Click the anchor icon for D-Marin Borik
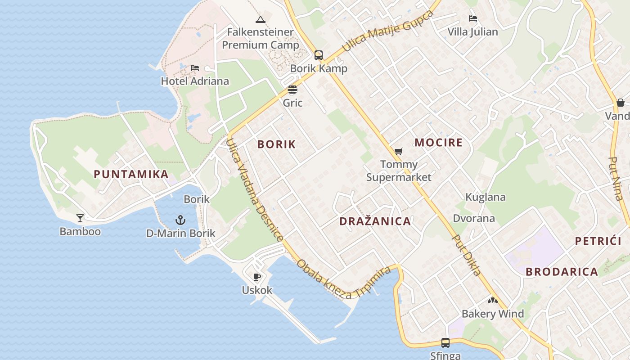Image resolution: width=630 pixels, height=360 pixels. pos(180,220)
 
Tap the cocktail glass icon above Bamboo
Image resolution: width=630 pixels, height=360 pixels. pos(80,218)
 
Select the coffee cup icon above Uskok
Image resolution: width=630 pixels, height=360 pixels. pos(257,277)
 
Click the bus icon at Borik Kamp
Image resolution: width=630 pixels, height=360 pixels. pos(319,55)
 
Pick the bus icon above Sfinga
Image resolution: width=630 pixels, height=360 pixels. pos(445,342)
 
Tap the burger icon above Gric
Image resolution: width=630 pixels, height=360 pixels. pos(292,90)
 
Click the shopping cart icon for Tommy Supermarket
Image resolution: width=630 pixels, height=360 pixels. pos(398,151)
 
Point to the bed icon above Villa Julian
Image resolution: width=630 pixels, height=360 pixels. pos(472,18)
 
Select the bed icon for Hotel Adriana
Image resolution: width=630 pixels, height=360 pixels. pos(195,68)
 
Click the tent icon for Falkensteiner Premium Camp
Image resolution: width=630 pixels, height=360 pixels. pos(260,19)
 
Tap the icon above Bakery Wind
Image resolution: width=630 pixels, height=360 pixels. pos(493,301)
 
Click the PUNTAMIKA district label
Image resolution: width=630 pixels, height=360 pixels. pos(131,174)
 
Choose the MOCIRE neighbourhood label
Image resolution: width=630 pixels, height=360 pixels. pos(438,143)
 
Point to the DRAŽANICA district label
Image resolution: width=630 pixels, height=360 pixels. pos(375,221)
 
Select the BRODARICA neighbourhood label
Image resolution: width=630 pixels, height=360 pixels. pos(562,272)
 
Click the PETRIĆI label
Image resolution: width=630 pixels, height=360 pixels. pos(598,241)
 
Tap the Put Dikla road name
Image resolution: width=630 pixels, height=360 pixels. pos(467,255)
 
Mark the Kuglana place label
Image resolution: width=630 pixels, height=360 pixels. pos(486,197)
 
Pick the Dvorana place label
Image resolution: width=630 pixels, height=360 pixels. pos(474,218)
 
